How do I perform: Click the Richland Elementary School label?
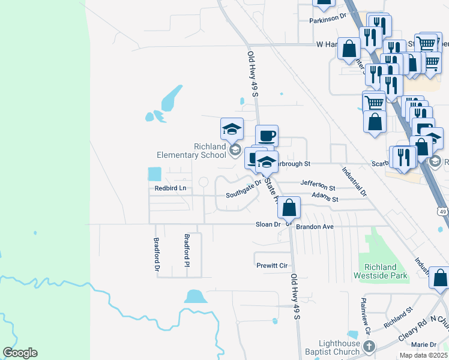[191, 151]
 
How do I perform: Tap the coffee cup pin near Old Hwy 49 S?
[267, 136]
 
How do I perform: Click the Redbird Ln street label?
[170, 188]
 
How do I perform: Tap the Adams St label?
[325, 198]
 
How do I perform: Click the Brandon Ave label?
[316, 227]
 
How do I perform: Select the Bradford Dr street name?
[156, 255]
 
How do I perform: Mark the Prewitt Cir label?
[273, 265]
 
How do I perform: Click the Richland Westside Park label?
[384, 271]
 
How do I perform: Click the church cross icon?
[369, 346]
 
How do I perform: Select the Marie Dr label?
[424, 344]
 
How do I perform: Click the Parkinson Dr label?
[328, 20]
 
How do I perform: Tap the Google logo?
[20, 353]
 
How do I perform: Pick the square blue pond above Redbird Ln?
[155, 174]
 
